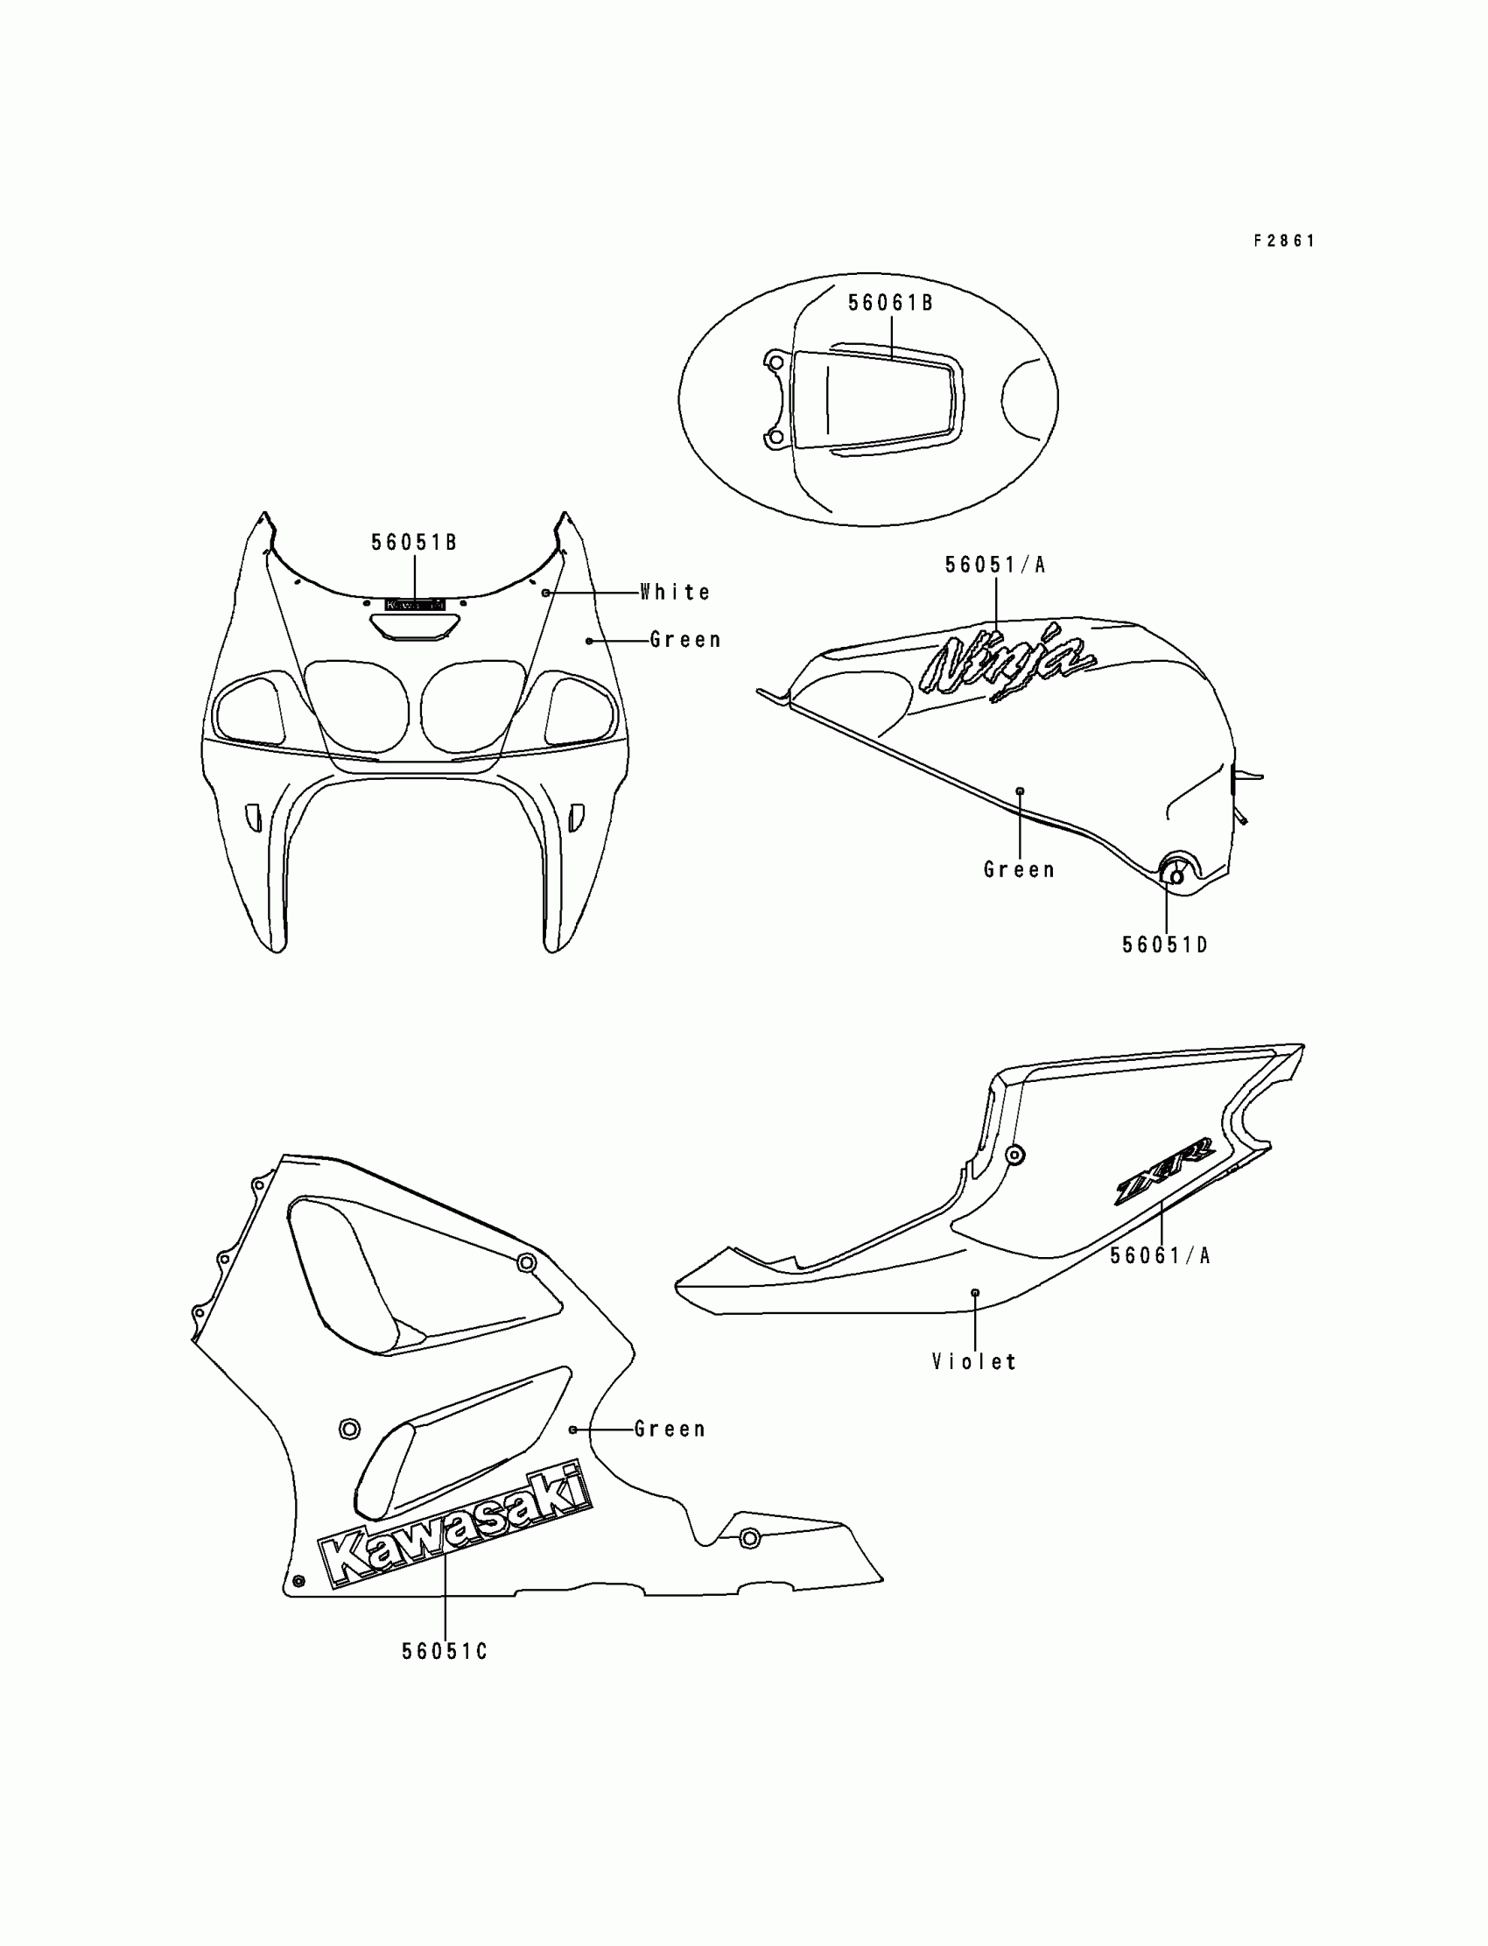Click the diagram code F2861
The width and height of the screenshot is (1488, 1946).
pyautogui.click(x=1283, y=241)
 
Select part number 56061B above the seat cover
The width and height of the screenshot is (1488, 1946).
pyautogui.click(x=890, y=303)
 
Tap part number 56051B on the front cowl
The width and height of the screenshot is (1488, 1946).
pyautogui.click(x=414, y=542)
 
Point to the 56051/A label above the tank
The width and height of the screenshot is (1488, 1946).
pyautogui.click(x=995, y=566)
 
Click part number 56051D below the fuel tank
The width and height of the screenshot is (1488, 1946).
pyautogui.click(x=1165, y=945)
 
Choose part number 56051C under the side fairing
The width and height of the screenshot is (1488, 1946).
pyautogui.click(x=445, y=1652)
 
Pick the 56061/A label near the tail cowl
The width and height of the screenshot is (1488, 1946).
pyautogui.click(x=1160, y=1255)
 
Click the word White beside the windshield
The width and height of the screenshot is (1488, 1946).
pyautogui.click(x=676, y=592)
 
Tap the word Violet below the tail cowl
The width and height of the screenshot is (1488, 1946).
pyautogui.click(x=974, y=1361)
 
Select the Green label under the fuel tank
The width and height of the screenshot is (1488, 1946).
pyautogui.click(x=1020, y=870)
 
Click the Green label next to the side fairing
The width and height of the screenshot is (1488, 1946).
pyautogui.click(x=670, y=1429)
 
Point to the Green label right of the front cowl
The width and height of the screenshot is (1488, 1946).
pyautogui.click(x=685, y=640)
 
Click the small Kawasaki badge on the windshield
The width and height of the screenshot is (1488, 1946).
pyautogui.click(x=415, y=604)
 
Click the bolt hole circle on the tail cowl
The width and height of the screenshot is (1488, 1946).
pyautogui.click(x=1015, y=1155)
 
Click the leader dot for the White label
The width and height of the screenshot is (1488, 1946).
pyautogui.click(x=546, y=592)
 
